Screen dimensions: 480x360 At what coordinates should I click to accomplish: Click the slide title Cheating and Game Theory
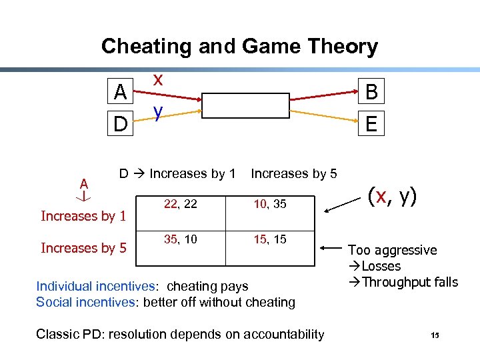click(239, 47)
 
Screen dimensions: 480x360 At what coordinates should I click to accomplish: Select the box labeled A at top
click(120, 92)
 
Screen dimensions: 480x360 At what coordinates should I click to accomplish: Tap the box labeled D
click(120, 123)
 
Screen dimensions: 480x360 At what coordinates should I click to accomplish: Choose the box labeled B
click(371, 92)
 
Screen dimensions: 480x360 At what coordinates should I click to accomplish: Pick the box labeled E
click(371, 123)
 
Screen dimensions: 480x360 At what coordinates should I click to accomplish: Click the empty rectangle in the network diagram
click(247, 105)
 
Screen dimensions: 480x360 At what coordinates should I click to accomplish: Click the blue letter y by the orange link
click(157, 111)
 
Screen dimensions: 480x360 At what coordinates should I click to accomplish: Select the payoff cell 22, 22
click(180, 205)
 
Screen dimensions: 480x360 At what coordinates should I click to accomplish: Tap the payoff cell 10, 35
click(269, 205)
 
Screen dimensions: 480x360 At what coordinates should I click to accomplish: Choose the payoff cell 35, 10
click(180, 239)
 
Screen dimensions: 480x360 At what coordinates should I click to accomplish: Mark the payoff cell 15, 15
click(269, 239)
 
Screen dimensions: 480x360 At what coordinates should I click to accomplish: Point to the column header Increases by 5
click(294, 174)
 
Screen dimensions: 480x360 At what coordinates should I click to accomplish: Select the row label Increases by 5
click(83, 248)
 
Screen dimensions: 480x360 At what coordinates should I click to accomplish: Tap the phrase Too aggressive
click(393, 250)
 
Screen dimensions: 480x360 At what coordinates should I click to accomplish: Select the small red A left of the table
click(84, 183)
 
